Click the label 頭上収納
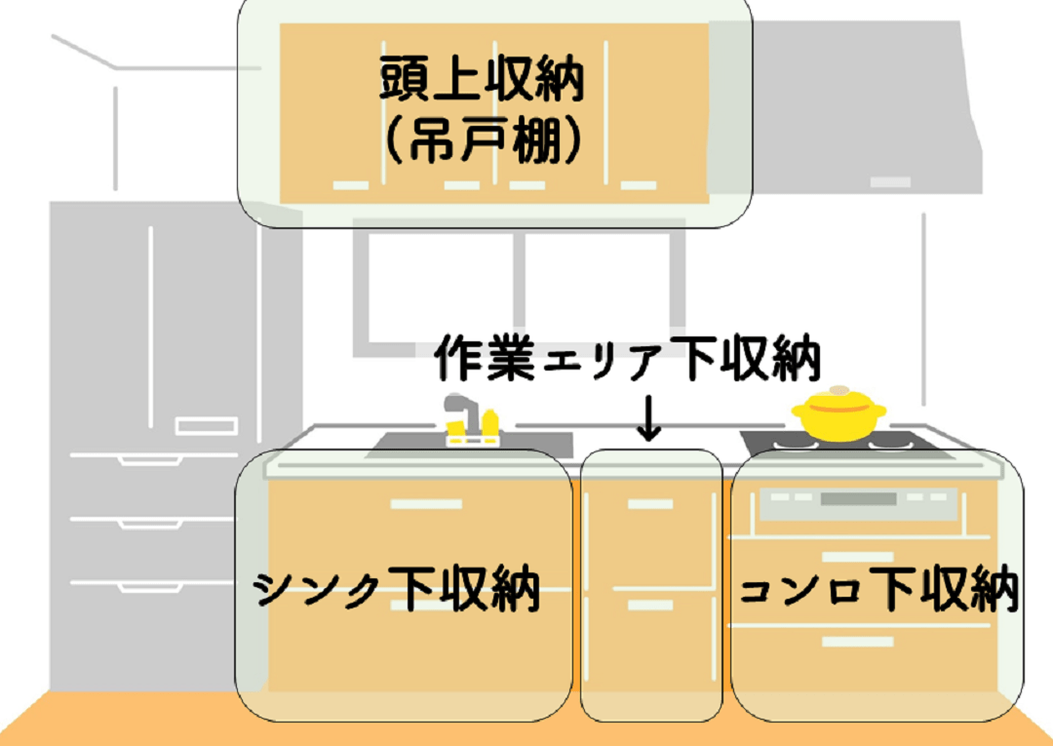(x=482, y=80)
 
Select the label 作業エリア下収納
(x=628, y=359)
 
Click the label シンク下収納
(x=398, y=591)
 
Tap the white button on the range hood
(x=890, y=182)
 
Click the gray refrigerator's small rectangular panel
(x=207, y=426)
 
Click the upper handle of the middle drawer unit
(x=649, y=504)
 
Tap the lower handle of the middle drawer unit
(x=649, y=606)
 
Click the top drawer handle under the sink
(x=426, y=504)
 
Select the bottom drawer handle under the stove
(x=857, y=642)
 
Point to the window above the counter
(x=519, y=283)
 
